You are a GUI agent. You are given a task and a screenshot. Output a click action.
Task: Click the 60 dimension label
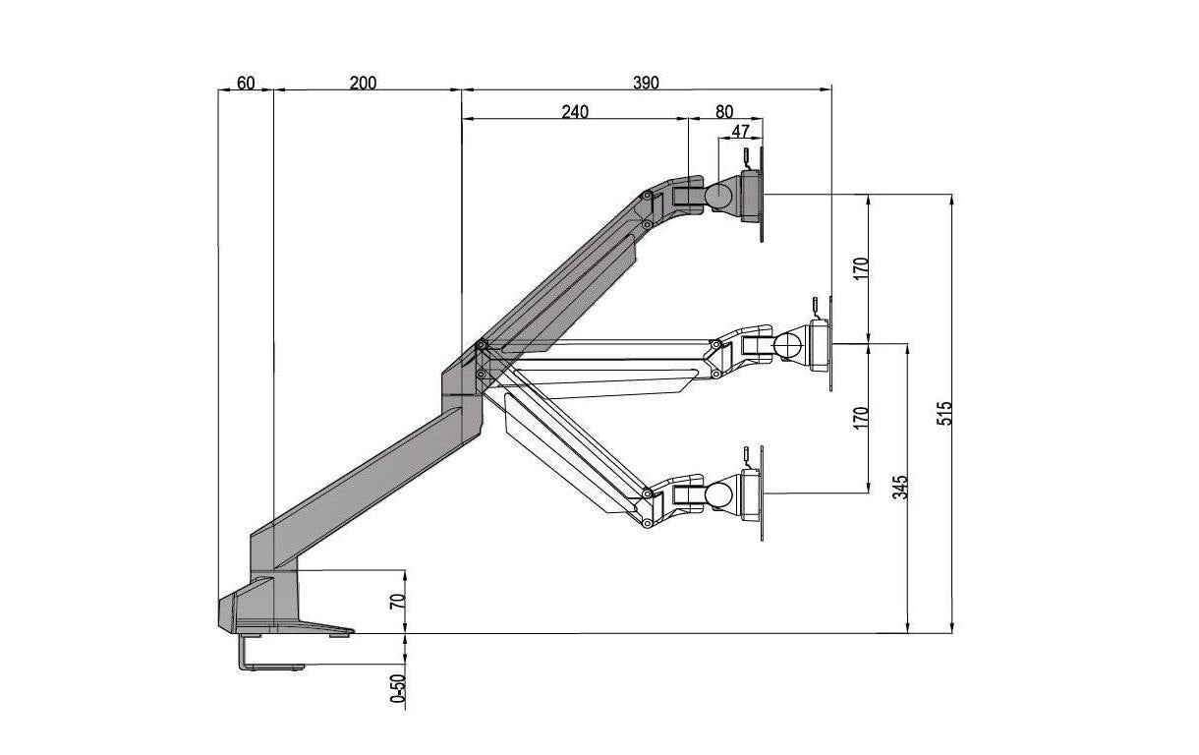pos(246,83)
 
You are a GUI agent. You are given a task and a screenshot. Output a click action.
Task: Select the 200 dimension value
pos(363,83)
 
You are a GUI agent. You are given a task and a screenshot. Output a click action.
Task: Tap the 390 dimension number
pos(646,83)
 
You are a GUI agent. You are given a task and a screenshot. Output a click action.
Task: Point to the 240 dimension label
pos(575,112)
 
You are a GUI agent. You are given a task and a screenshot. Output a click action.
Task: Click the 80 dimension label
pos(724,112)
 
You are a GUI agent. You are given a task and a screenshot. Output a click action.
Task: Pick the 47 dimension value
pos(740,131)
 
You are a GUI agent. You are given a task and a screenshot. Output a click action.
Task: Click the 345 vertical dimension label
pos(901,488)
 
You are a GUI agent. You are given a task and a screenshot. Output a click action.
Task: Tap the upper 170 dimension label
pos(861,267)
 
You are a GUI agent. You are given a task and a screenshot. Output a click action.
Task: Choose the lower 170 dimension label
pos(861,417)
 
